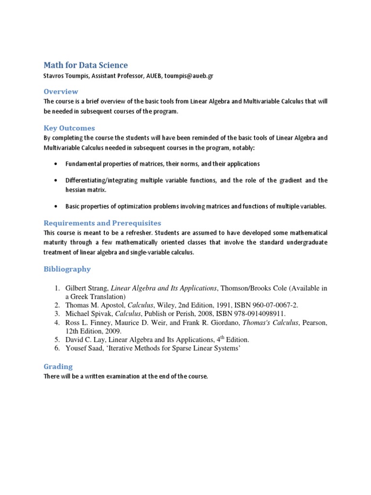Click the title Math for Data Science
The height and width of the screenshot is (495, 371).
coord(86,65)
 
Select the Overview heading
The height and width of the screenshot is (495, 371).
coord(61,91)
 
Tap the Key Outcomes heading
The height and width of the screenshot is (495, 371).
coord(69,128)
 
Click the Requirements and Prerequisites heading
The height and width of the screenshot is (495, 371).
coord(102,223)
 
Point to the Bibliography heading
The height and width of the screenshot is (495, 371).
coord(67,269)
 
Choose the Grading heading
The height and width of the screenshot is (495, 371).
coord(58,366)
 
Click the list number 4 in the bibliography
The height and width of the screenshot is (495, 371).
coord(56,322)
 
